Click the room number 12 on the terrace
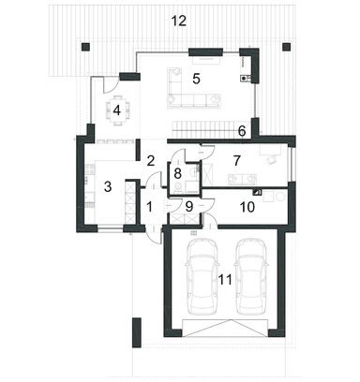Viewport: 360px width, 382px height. point(179,21)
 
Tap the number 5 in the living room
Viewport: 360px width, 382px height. point(196,79)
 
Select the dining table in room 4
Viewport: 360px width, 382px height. point(117,110)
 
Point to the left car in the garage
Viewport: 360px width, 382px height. point(202,276)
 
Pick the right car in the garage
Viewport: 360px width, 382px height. point(251,276)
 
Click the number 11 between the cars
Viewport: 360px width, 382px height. point(225,280)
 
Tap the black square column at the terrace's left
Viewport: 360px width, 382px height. point(85,47)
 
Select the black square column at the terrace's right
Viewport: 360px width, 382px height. point(286,47)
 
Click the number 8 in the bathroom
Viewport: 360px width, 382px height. point(177,172)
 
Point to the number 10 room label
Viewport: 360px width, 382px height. point(247,207)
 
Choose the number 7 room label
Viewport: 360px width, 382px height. point(237,161)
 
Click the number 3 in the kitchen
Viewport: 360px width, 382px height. point(108,187)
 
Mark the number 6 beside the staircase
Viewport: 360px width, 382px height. point(242,131)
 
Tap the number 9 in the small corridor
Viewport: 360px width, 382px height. point(189,207)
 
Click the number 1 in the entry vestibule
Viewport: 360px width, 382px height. point(149,207)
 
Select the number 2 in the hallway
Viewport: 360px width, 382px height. point(151,161)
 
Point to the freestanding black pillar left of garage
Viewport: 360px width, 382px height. point(137,332)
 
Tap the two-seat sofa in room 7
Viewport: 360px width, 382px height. point(242,180)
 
